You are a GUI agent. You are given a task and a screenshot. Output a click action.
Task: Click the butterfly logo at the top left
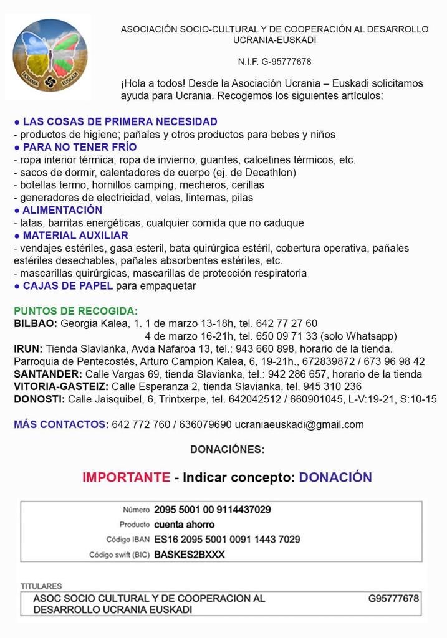click(50, 55)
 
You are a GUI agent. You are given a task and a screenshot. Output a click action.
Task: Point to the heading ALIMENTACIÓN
click(62, 210)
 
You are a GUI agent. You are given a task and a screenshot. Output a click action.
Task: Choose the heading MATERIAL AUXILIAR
click(75, 236)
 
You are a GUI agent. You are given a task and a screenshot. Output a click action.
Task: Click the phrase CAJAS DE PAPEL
click(68, 286)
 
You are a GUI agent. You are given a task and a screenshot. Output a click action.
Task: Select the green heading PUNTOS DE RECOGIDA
click(75, 311)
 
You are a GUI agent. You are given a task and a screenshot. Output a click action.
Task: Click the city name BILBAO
click(36, 323)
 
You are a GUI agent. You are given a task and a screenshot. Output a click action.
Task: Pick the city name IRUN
click(28, 349)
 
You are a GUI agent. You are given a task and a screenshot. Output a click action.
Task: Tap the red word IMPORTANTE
click(126, 477)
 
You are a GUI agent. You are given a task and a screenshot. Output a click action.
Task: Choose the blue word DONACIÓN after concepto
click(335, 477)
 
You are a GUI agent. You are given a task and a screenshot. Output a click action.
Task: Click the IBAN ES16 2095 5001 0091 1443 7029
click(227, 540)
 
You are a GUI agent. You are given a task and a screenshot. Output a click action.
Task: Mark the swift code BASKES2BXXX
click(190, 555)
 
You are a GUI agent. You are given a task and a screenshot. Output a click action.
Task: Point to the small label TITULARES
click(41, 586)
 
